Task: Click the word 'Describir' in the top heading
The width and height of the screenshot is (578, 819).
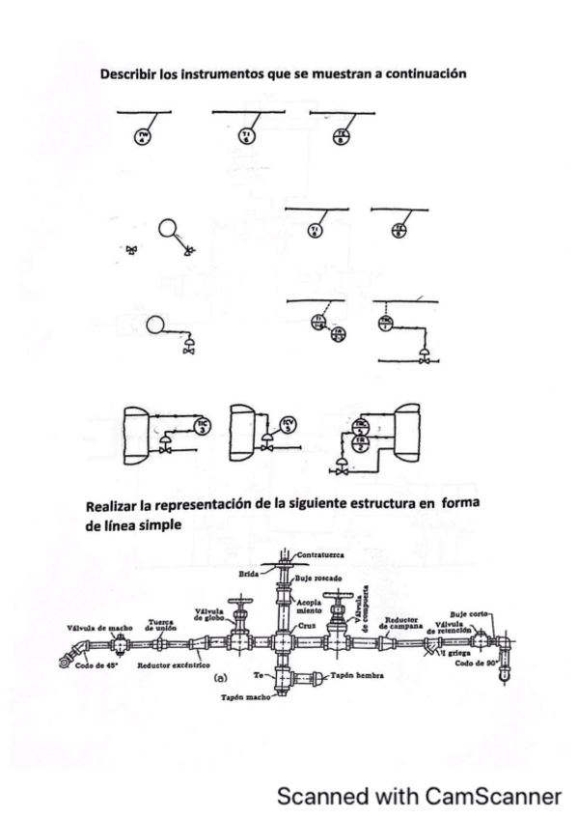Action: tap(128, 73)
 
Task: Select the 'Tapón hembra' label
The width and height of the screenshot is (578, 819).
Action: tap(358, 677)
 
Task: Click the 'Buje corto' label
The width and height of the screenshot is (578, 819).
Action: tap(472, 613)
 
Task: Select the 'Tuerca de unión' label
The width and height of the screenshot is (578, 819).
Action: tap(160, 625)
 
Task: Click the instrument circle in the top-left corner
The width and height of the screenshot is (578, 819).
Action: tap(143, 134)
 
